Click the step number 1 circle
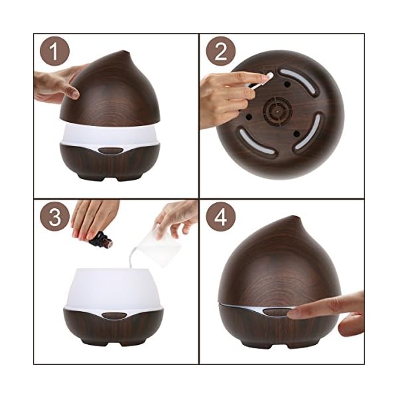coord(54,51)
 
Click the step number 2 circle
coord(221,51)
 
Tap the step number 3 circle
coord(54,216)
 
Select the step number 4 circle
coord(221,216)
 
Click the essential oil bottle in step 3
coord(101,239)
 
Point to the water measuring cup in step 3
coord(159,245)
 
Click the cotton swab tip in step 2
coord(270,76)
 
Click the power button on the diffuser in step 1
coord(111,151)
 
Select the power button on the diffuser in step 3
coord(114,316)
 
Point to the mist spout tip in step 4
coord(295,218)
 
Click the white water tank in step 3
coord(114,289)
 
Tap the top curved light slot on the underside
coord(299,82)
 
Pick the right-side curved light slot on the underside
coord(308,131)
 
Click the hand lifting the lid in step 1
coord(58,84)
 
